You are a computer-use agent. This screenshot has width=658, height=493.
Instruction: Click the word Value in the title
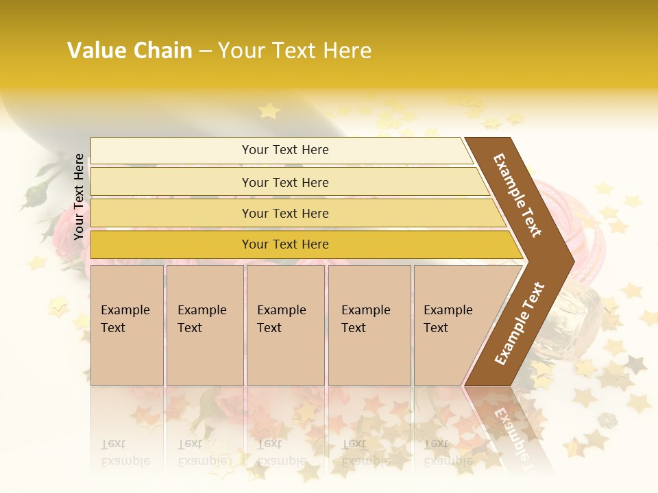96,51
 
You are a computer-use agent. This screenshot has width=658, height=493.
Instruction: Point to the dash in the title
205,51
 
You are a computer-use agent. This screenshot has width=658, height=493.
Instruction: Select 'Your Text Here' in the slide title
295,51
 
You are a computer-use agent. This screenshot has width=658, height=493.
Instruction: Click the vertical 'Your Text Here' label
79,197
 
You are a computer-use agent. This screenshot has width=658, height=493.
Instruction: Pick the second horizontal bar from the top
284,182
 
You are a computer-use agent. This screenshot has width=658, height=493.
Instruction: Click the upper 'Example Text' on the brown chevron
517,195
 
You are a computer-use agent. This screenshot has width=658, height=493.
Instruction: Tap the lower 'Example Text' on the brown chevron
520,324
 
